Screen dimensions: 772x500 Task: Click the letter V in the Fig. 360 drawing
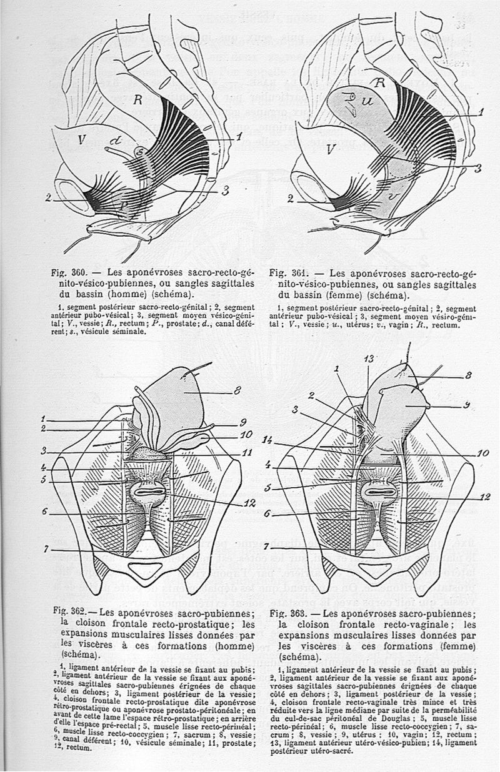[x=81, y=141]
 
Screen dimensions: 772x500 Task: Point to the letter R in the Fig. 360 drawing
[x=139, y=97]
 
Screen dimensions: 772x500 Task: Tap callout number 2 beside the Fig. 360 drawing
[x=48, y=199]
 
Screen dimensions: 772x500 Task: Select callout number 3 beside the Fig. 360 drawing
[x=224, y=192]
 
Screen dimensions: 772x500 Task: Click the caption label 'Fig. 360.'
[x=69, y=273]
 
